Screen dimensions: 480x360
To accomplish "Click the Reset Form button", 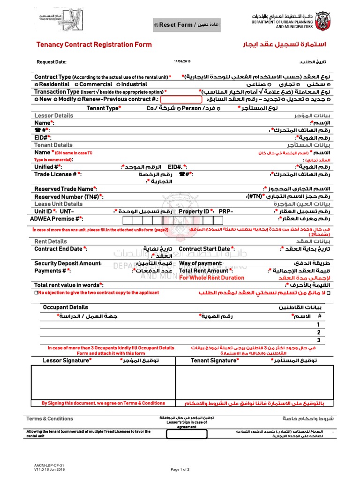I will tap(187, 25).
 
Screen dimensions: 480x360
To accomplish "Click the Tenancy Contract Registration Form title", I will tap(94, 45).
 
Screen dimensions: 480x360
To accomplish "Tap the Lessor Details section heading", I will tap(54, 115).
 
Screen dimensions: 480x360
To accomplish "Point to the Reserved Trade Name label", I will tap(66, 189).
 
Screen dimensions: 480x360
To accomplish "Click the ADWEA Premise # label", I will tap(56, 218).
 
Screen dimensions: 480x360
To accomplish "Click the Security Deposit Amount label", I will tap(68, 263).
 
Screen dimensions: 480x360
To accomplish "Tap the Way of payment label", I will tap(201, 263).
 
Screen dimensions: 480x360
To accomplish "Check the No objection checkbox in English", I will tap(36, 293).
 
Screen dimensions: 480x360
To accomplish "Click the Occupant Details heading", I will tap(65, 307).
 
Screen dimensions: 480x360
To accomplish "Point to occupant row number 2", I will tap(319, 332).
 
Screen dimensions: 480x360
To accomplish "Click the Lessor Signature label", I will tap(67, 360).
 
